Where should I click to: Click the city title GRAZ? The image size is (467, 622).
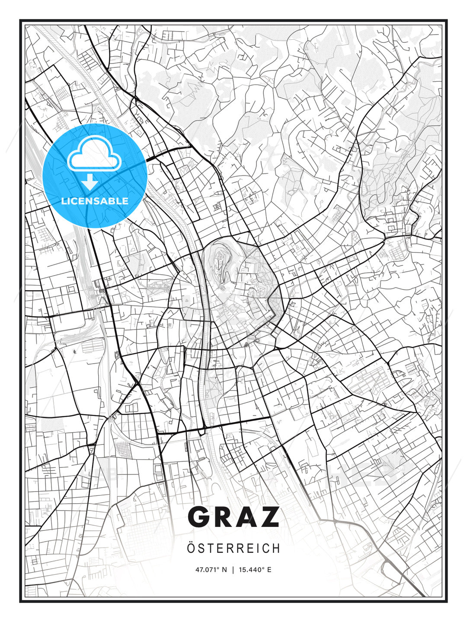(x=233, y=517)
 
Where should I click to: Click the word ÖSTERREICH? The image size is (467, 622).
(x=233, y=548)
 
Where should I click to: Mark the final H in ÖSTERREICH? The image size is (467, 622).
(x=276, y=549)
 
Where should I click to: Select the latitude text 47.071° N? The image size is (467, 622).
(x=211, y=570)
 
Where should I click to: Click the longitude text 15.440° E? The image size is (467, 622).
(x=255, y=570)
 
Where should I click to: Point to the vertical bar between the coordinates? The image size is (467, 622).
(x=233, y=570)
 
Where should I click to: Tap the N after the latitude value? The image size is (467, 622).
(x=224, y=570)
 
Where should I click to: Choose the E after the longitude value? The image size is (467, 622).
(x=269, y=570)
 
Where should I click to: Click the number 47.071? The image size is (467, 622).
(x=206, y=570)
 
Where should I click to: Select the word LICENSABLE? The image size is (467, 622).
(x=95, y=201)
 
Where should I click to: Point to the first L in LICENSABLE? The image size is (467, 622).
(x=64, y=201)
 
